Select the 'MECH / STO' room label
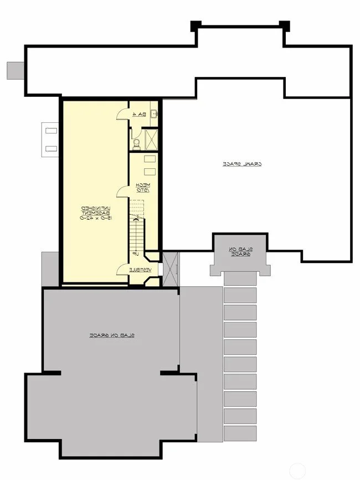click(x=141, y=188)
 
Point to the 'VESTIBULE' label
click(x=138, y=270)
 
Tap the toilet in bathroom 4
click(x=136, y=145)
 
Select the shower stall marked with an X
click(x=150, y=140)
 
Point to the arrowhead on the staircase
click(x=136, y=219)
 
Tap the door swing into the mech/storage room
click(x=122, y=192)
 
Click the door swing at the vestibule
click(x=122, y=269)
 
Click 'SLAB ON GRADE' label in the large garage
click(x=112, y=336)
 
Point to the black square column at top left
click(x=196, y=25)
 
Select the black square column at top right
click(x=284, y=25)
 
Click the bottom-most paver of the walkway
click(x=240, y=433)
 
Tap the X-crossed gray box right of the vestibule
click(x=170, y=270)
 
